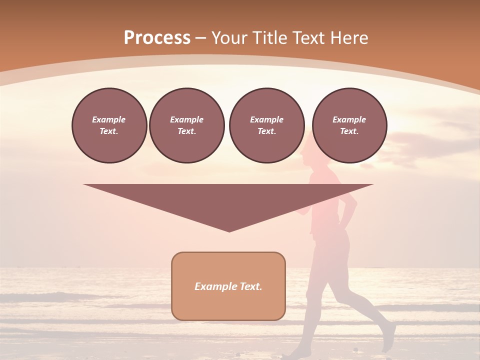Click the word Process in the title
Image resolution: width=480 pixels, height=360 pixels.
157,37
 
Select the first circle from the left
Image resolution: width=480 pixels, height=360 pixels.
109,125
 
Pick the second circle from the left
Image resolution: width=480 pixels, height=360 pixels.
186,125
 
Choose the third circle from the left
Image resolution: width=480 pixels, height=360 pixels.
266,125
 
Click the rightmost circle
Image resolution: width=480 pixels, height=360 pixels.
349,125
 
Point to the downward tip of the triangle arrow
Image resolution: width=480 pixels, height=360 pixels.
229,231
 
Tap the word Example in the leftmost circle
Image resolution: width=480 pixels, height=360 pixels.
108,119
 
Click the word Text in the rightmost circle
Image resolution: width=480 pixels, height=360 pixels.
349,131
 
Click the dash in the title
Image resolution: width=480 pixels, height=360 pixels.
201,38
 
